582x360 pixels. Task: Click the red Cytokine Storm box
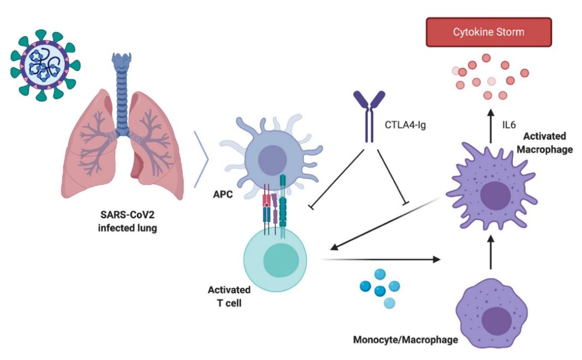(488, 32)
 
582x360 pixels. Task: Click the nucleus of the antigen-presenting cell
(270, 160)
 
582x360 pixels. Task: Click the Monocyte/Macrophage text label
(405, 339)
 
